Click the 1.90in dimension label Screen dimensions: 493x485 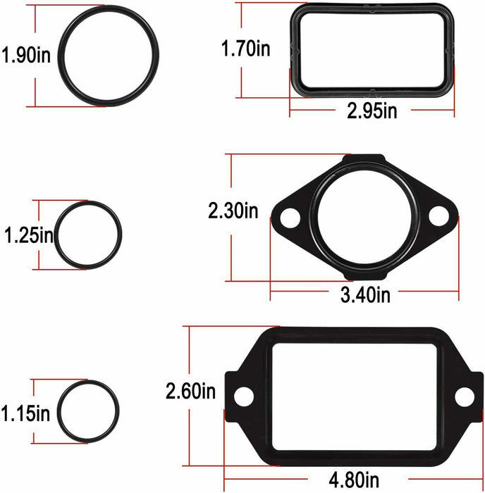click(26, 55)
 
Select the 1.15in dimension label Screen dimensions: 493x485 click(26, 411)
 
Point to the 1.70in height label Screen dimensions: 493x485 click(245, 49)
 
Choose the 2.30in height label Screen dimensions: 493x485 click(233, 209)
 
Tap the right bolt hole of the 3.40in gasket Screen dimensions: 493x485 click(438, 216)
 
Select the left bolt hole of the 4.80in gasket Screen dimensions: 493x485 click(243, 396)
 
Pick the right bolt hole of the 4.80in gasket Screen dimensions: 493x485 click(464, 396)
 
